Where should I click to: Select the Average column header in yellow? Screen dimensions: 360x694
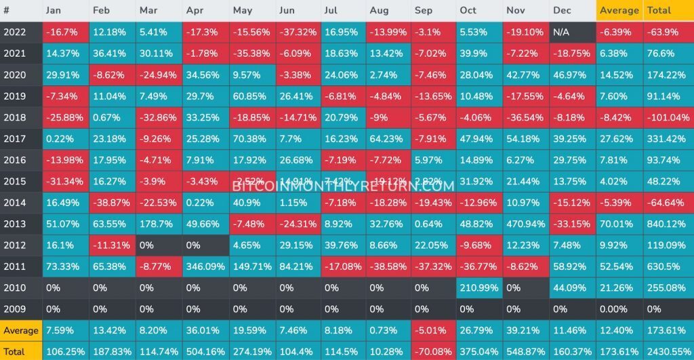pos(619,10)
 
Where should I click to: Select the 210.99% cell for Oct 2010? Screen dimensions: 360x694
pos(479,287)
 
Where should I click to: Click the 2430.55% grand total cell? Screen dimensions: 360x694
pos(668,352)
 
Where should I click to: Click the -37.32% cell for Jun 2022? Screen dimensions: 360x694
pos(299,32)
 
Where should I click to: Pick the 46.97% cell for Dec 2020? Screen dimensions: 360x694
pos(572,75)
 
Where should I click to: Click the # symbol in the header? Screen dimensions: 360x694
pos(7,10)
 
